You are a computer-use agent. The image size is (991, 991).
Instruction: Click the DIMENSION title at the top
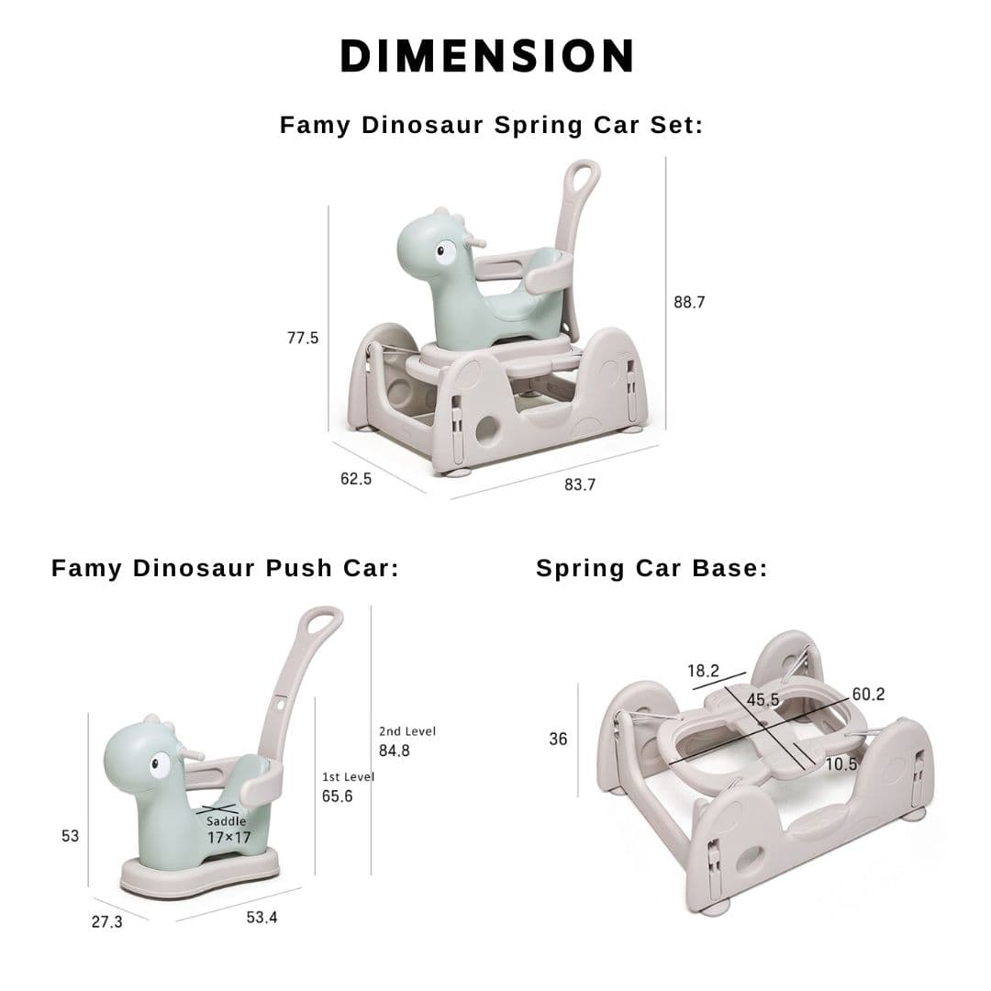[x=486, y=56]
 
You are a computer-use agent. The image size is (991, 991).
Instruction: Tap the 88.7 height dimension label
[x=689, y=302]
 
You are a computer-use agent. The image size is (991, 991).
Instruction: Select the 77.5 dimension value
[x=303, y=338]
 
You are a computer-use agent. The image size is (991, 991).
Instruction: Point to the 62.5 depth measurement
[x=356, y=479]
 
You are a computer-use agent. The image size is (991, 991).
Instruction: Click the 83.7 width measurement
[x=580, y=484]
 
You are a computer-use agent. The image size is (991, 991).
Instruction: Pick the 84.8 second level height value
[x=395, y=751]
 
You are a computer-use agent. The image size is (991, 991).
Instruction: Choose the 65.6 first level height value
[x=337, y=796]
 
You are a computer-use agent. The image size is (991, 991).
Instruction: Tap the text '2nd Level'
[x=407, y=731]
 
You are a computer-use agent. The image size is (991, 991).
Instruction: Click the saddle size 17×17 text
[x=228, y=838]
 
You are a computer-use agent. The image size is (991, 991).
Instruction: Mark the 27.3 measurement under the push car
[x=106, y=922]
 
